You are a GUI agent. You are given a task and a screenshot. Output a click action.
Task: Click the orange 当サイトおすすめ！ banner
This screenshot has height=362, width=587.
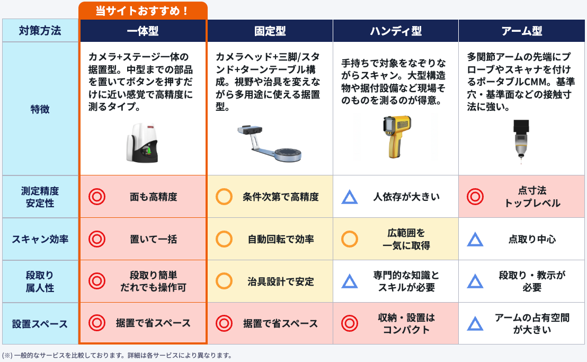tap(143, 11)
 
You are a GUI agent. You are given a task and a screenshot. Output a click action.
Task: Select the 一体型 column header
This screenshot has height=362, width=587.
tap(143, 31)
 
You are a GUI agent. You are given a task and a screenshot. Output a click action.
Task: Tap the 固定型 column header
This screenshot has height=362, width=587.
tap(270, 31)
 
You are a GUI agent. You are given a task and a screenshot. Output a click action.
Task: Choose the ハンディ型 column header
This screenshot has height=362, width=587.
tap(396, 31)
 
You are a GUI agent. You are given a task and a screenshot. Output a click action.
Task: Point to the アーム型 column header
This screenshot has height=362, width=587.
tap(521, 31)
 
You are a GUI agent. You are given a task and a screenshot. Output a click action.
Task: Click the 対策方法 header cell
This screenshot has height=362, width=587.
tap(40, 30)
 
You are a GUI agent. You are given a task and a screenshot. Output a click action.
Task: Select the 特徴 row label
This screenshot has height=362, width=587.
tap(40, 109)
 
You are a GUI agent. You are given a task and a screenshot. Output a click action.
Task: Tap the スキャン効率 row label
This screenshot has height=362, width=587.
tap(40, 239)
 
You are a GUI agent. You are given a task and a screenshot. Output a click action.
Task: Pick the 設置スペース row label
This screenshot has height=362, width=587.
tap(40, 323)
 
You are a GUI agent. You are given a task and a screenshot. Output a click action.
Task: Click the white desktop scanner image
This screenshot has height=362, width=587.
tap(142, 143)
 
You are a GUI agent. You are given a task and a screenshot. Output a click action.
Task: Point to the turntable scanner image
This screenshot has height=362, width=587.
tap(269, 144)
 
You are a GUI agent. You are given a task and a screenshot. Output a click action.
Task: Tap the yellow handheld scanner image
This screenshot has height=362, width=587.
tap(396, 137)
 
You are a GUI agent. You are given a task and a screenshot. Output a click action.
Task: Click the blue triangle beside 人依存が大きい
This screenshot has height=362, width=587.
tap(350, 197)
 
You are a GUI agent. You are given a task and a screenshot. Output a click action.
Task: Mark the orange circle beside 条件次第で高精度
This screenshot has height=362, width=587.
tap(224, 197)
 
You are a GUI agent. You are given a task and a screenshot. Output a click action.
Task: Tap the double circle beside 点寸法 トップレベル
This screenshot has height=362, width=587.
tap(475, 197)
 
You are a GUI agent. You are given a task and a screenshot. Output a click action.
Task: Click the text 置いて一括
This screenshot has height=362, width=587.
tap(154, 239)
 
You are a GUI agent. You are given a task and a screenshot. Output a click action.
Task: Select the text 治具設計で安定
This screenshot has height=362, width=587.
tap(281, 281)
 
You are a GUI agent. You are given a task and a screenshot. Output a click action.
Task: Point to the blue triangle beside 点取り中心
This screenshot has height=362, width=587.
tap(475, 240)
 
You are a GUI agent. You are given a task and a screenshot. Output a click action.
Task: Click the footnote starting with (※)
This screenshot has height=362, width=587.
tap(117, 355)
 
